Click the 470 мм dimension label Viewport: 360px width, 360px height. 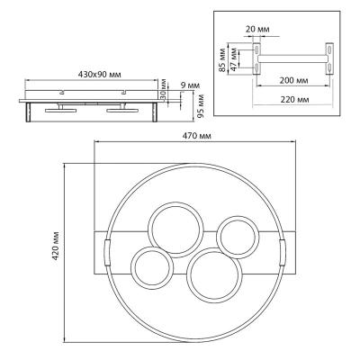(x=197, y=136)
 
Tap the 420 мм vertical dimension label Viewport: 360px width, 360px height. (x=56, y=246)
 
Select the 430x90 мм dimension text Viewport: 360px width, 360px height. (x=99, y=75)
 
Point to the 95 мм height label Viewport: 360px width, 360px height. (x=201, y=105)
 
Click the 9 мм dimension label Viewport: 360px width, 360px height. (x=190, y=85)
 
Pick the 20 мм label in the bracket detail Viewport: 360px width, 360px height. (x=257, y=30)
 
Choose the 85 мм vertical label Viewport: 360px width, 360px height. (x=222, y=59)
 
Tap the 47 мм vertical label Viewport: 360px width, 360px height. (x=234, y=58)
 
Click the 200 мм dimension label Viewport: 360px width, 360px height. (x=293, y=80)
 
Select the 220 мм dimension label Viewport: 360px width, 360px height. (x=294, y=99)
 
